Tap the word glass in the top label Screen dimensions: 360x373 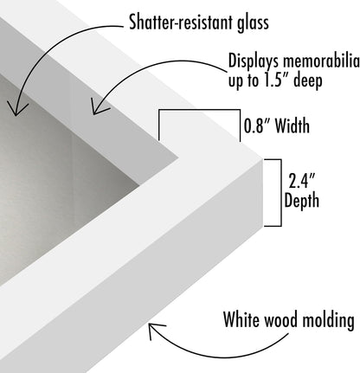coord(253,23)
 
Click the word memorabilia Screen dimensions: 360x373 coord(321,61)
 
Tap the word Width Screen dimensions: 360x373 coord(292,125)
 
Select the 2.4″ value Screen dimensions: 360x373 coord(301,181)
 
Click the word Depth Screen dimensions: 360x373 coord(301,201)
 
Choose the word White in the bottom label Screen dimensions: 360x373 coord(242,319)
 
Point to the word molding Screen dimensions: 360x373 coord(330,320)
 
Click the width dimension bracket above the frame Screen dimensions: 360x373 coord(199,110)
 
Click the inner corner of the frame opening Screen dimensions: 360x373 coord(178,158)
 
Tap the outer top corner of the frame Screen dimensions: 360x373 coord(263,158)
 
